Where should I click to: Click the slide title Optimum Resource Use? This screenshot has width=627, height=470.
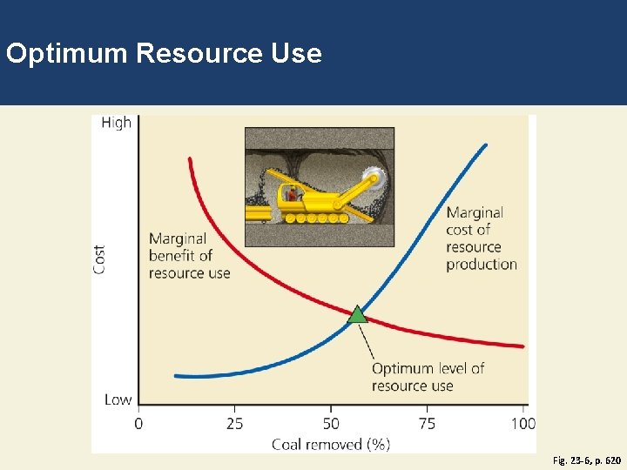click(x=164, y=54)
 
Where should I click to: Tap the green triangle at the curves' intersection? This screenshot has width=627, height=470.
click(x=358, y=314)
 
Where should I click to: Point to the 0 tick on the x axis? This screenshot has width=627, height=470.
click(x=138, y=424)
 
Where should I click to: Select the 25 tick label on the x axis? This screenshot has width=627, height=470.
click(x=234, y=424)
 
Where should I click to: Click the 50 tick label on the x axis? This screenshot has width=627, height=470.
click(x=331, y=424)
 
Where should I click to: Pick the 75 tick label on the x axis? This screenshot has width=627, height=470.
click(x=427, y=424)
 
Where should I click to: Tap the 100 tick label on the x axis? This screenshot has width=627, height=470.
click(x=522, y=424)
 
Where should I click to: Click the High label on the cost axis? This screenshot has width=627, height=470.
click(x=116, y=123)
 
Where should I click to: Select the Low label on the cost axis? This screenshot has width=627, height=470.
click(x=118, y=399)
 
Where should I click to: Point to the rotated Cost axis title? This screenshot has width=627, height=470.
click(x=100, y=259)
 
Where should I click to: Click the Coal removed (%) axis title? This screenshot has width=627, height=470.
click(x=331, y=444)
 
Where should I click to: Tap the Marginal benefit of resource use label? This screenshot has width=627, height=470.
click(x=189, y=255)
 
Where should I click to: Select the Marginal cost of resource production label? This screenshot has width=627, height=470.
click(x=481, y=238)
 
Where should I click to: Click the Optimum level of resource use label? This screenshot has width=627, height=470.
click(x=428, y=376)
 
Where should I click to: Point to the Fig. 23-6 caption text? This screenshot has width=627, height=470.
click(x=587, y=459)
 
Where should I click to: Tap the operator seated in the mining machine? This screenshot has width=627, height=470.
click(x=293, y=193)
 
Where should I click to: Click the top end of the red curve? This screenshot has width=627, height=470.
click(x=189, y=159)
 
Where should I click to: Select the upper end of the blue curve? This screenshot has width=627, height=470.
click(x=485, y=145)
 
